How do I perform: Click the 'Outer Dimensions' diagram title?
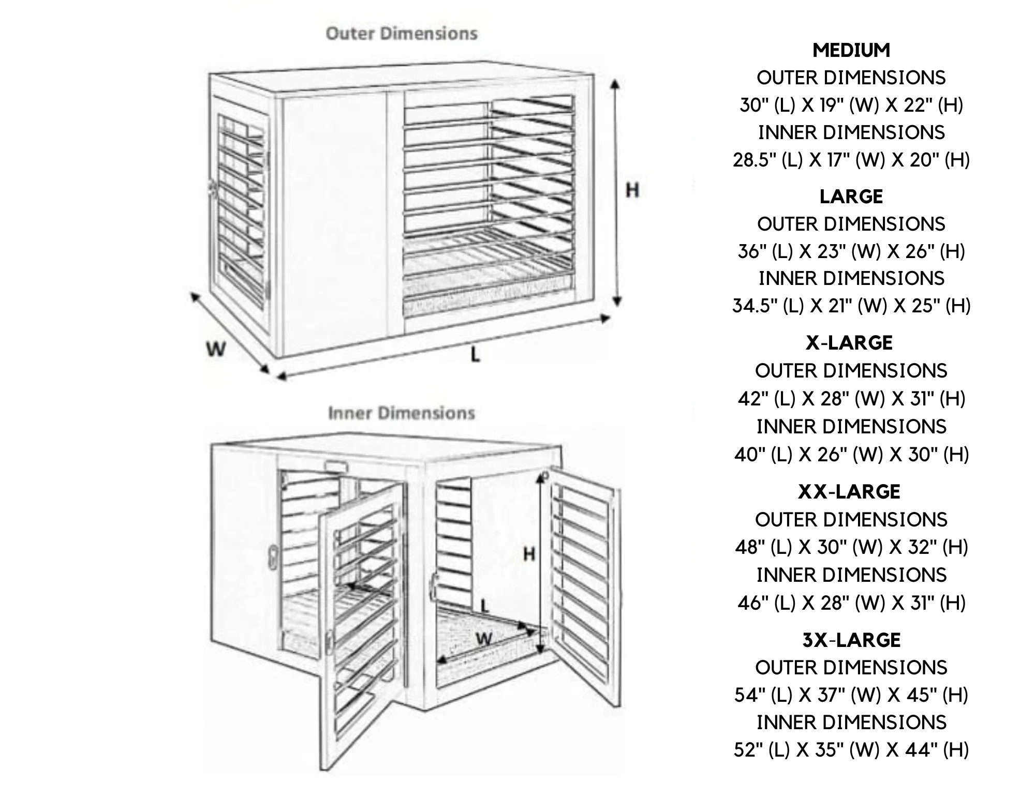(402, 34)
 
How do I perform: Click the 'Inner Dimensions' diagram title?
(402, 413)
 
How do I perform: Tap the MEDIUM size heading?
(851, 50)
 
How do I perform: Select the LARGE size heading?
(851, 197)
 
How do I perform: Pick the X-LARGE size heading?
(849, 343)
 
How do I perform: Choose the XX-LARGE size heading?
(849, 491)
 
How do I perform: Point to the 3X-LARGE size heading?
(851, 640)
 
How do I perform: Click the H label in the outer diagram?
(632, 190)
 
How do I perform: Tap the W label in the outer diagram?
(216, 349)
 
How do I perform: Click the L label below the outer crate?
(475, 355)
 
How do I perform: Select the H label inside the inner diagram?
(529, 554)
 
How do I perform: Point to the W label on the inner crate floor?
(484, 639)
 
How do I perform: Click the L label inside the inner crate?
(484, 605)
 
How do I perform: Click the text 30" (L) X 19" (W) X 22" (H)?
(851, 105)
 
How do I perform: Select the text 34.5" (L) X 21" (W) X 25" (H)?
(851, 306)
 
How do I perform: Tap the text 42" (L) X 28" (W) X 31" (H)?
(851, 399)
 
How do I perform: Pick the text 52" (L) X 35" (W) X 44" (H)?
(851, 750)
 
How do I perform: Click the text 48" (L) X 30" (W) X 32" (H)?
(851, 547)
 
